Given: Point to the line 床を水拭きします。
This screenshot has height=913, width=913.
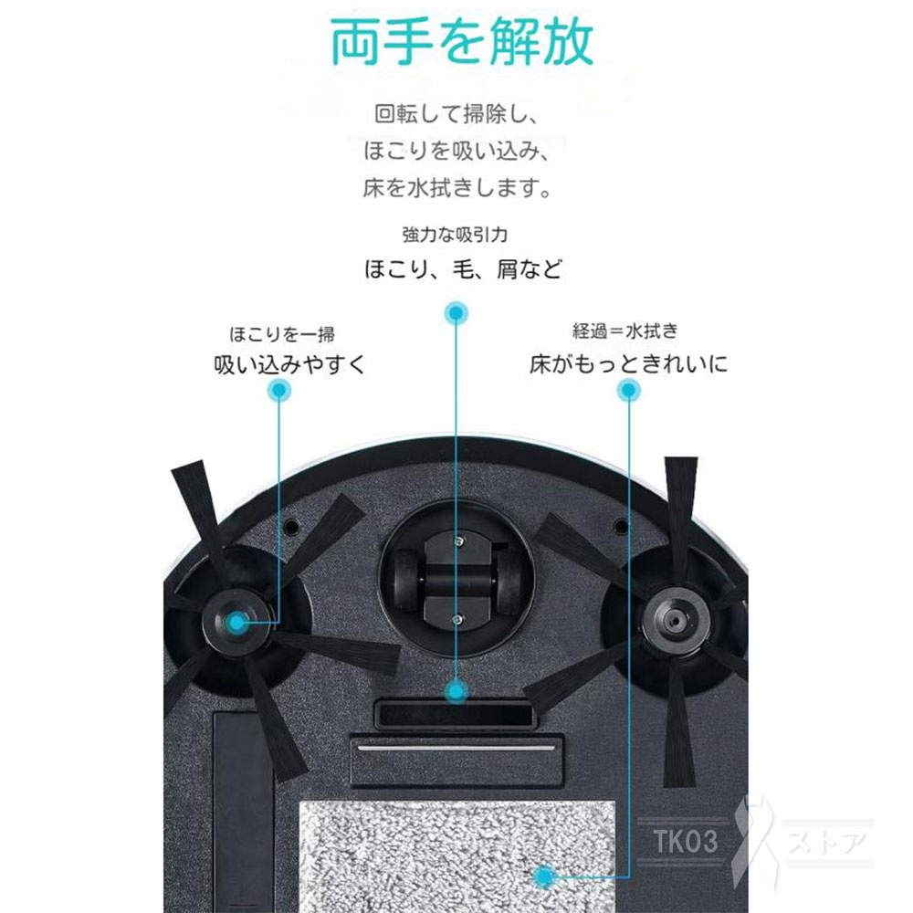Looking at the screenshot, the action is (456, 190).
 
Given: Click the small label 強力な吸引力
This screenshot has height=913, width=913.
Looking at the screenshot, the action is (455, 235).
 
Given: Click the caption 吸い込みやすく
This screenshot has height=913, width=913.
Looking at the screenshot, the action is (289, 365).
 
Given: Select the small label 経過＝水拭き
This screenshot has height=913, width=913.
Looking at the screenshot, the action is (625, 331).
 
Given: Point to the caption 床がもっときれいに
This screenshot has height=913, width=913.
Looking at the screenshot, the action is (630, 365).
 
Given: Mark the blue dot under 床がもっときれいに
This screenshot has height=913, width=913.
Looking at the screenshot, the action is (628, 392).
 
